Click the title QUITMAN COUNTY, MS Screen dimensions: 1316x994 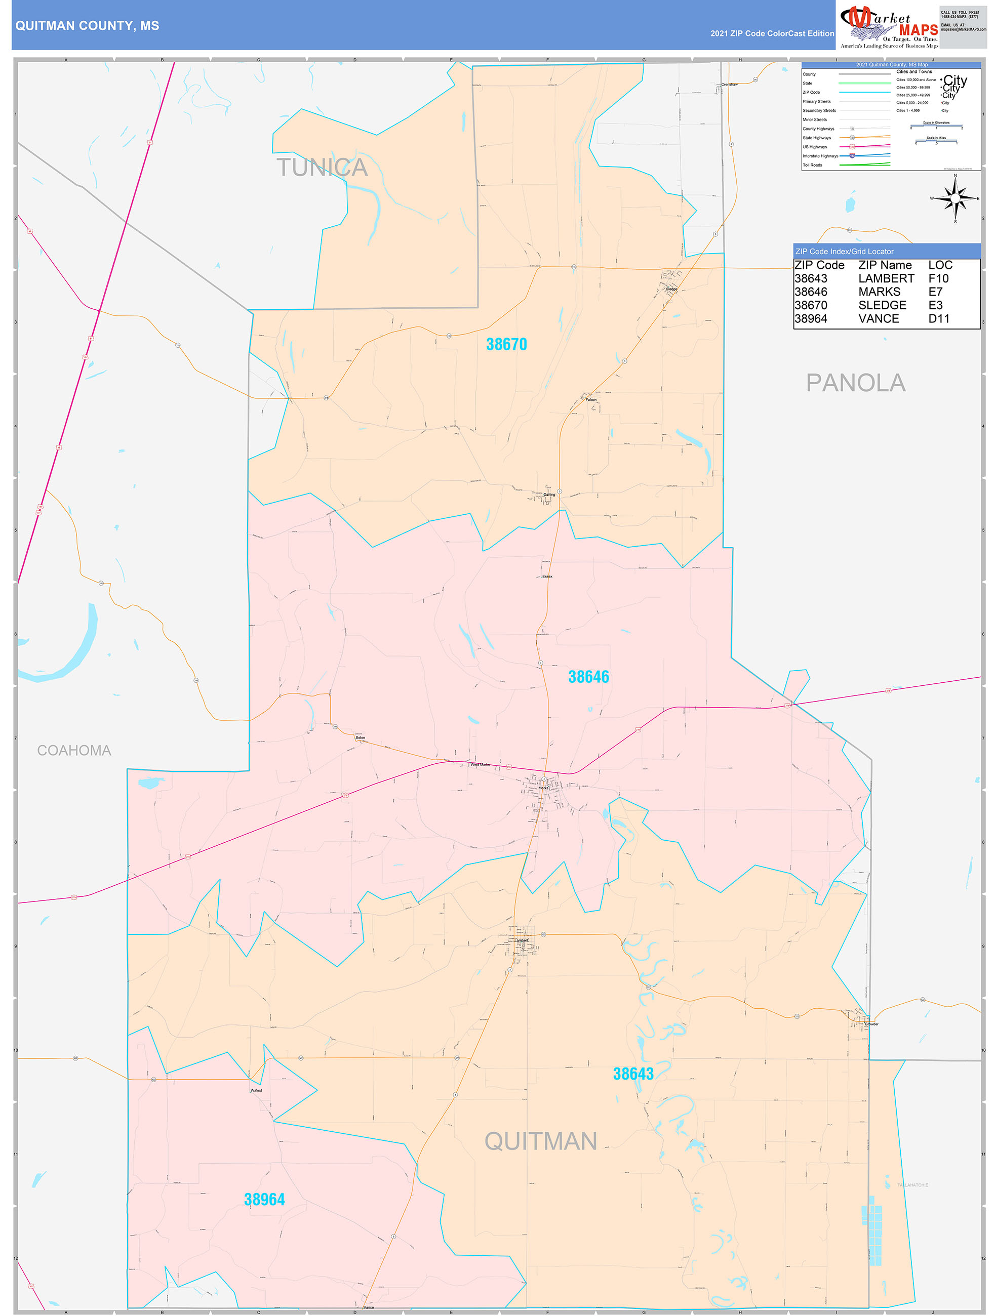click(87, 26)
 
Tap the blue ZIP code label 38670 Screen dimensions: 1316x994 click(506, 345)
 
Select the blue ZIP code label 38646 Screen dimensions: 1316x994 click(588, 677)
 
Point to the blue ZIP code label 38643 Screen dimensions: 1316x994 click(633, 1074)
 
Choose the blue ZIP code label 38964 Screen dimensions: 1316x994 click(264, 1200)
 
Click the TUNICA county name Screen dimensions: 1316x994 click(322, 168)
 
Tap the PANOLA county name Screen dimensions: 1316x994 click(855, 383)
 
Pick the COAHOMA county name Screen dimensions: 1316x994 click(74, 751)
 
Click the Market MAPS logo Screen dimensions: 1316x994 click(889, 26)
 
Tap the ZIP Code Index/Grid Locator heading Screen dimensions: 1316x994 click(844, 252)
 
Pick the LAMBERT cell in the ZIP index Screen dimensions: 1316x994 click(886, 278)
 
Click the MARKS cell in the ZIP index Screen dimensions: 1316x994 click(879, 292)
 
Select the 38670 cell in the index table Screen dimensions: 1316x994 click(811, 305)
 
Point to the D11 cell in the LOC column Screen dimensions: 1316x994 click(939, 319)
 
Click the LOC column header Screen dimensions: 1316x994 click(940, 265)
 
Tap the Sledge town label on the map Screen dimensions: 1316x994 click(671, 289)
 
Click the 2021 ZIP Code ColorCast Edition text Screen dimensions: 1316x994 click(772, 33)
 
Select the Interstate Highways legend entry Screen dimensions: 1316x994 click(820, 156)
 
